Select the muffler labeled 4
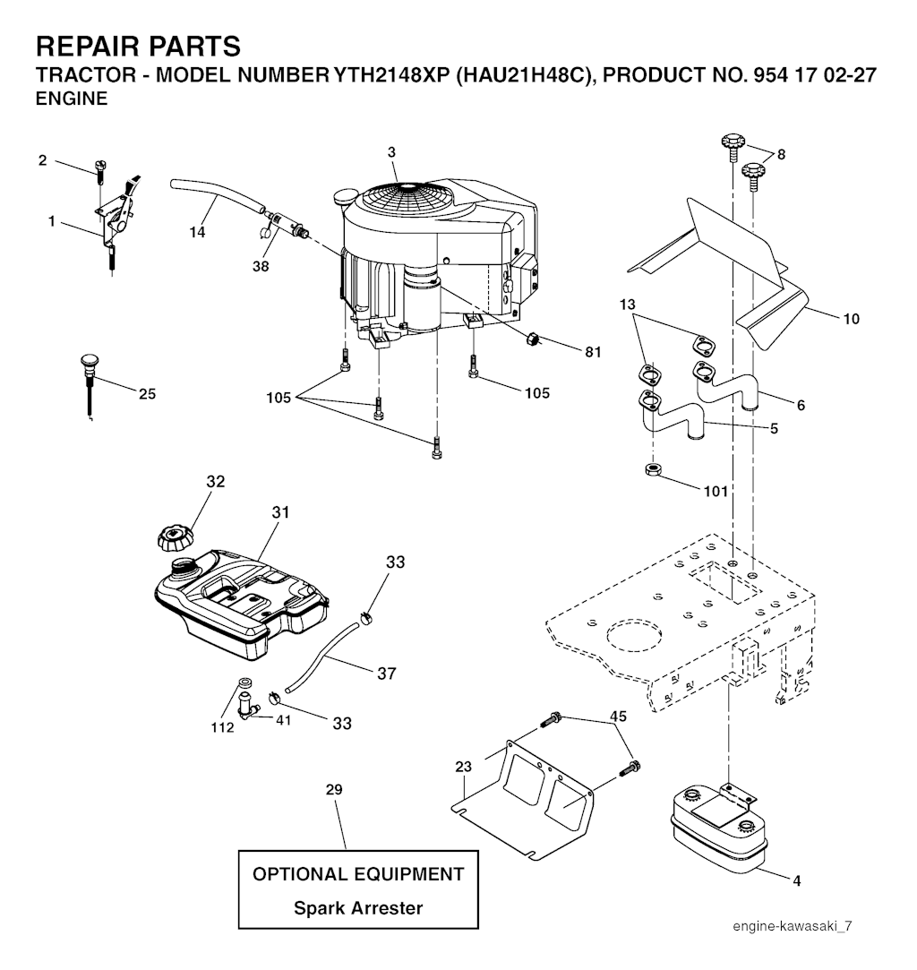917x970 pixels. pos(718,827)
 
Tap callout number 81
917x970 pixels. pos(593,352)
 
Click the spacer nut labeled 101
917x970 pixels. pos(653,469)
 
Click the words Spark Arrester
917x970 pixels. pos(358,908)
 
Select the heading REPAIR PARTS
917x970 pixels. pos(138,47)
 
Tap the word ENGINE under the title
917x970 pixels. pos(72,99)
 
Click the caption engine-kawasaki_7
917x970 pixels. pos(793,926)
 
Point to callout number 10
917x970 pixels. pos(852,319)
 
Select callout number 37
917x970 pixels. pos(387,673)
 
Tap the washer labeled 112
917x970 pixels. pos(244,684)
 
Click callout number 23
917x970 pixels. pos(464,767)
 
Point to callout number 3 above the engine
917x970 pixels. pos(391,152)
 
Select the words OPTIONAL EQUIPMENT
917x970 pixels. pos(358,874)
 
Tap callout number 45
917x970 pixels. pos(618,716)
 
